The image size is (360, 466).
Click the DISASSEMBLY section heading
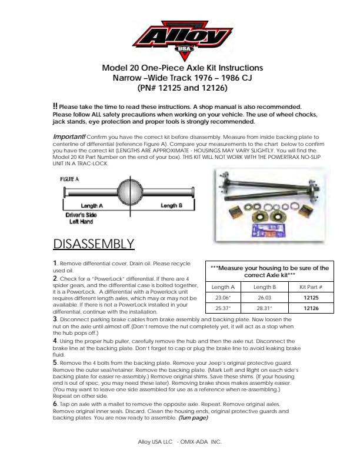click(x=94, y=244)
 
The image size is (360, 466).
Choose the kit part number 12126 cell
click(x=311, y=308)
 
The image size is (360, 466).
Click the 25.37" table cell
click(x=224, y=308)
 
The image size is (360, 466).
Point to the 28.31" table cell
click(x=264, y=308)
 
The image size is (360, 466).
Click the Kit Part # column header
click(x=311, y=287)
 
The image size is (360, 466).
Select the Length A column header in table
click(x=224, y=287)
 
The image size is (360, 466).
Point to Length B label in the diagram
click(x=171, y=205)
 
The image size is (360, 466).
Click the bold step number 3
click(x=55, y=318)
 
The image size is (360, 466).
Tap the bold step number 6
click(x=55, y=404)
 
